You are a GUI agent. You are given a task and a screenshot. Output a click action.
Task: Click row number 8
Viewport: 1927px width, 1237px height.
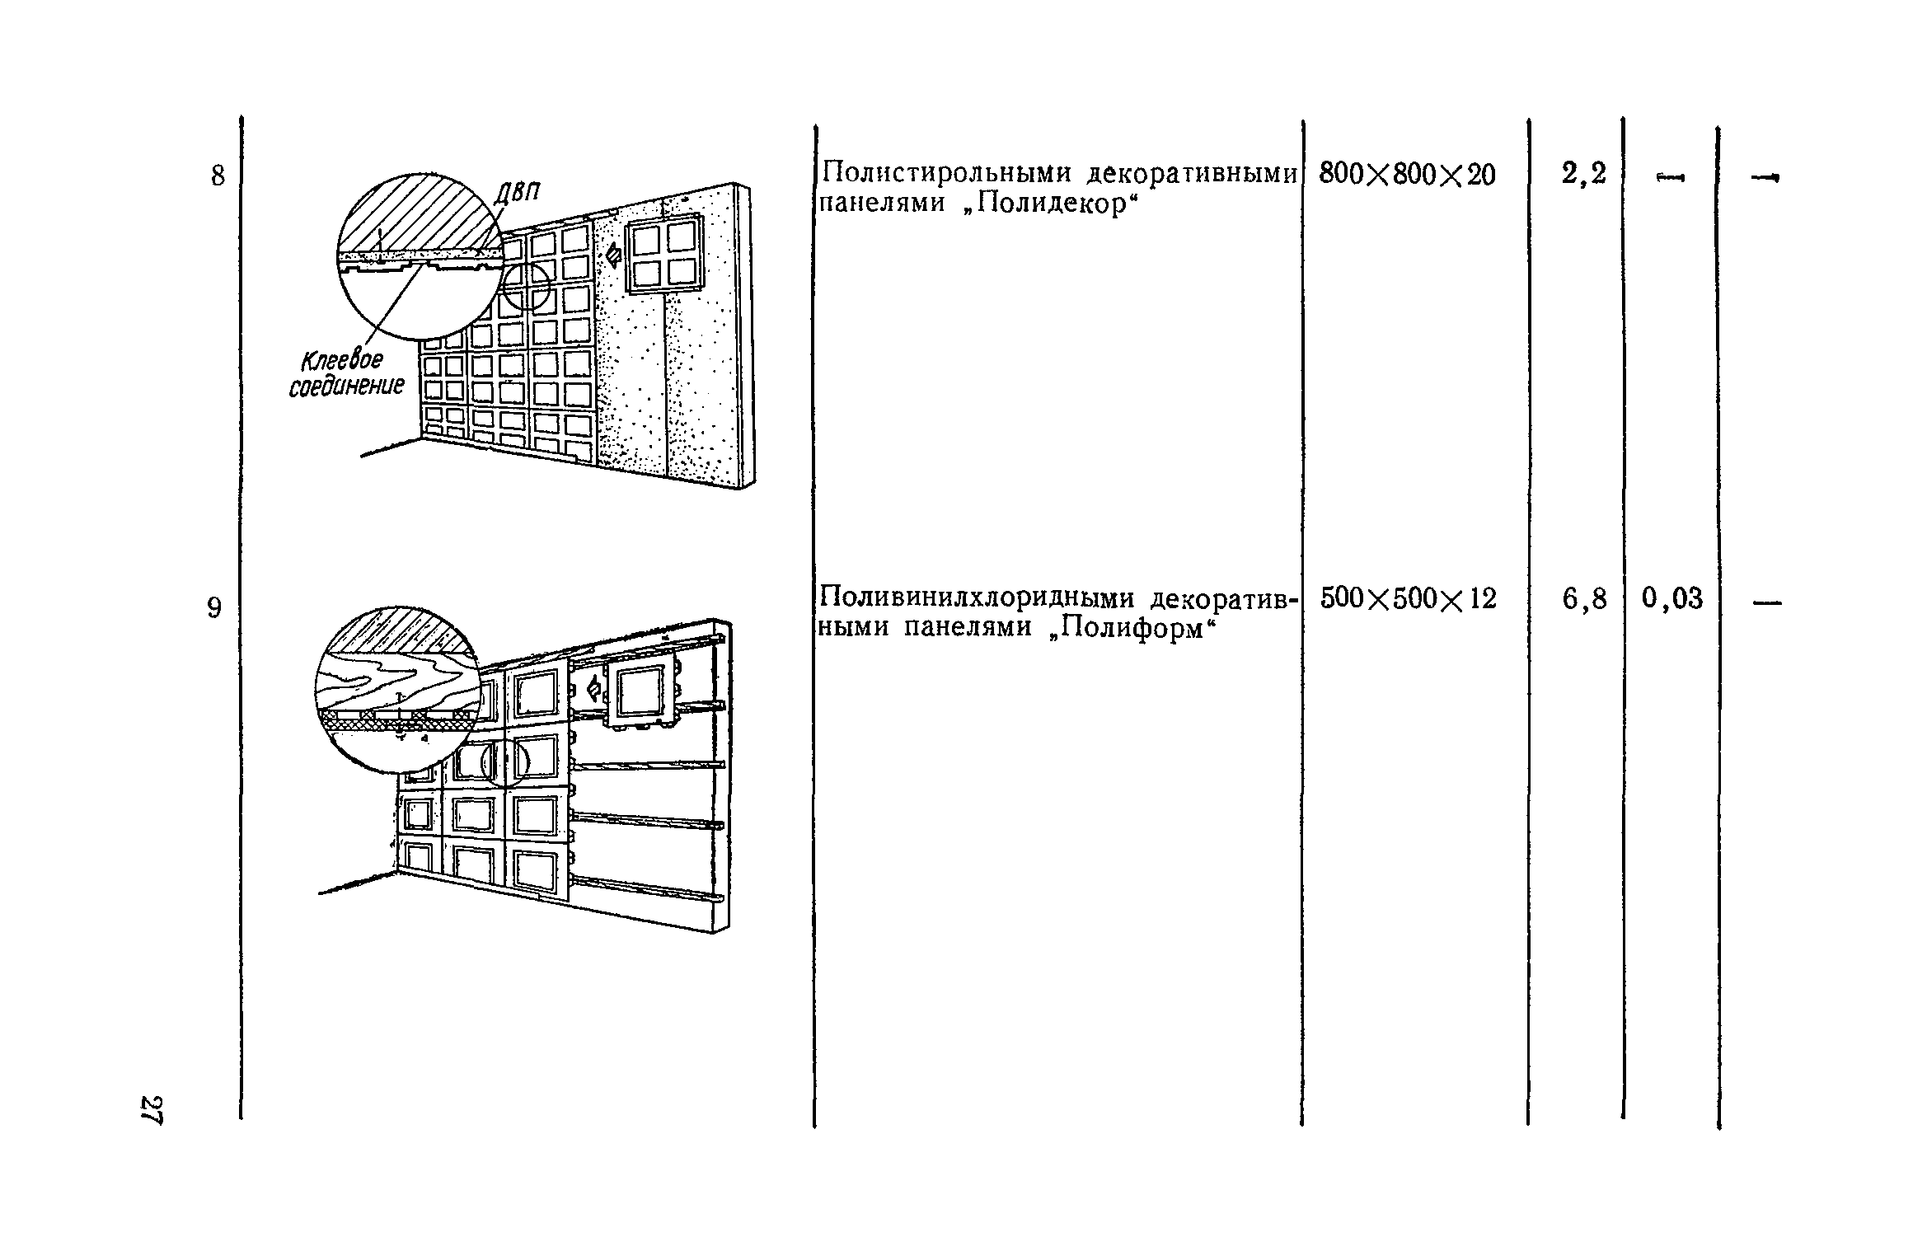coord(218,176)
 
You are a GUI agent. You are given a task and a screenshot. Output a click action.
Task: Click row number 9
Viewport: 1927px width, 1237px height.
coord(214,608)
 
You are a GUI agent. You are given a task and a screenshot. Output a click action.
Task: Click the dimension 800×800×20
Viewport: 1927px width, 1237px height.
coord(1407,174)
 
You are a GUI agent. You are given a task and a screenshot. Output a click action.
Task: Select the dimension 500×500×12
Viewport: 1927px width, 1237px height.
coord(1408,598)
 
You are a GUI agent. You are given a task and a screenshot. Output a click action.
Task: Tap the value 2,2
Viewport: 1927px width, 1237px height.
coord(1583,174)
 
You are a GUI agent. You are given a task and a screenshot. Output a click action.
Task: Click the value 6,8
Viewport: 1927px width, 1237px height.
coord(1584,599)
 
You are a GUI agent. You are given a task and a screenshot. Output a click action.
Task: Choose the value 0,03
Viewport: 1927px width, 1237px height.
coord(1671,599)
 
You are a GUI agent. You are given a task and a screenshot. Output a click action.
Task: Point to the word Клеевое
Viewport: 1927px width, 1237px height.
coord(342,360)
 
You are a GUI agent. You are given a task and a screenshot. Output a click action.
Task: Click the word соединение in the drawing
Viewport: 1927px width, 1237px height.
coord(347,387)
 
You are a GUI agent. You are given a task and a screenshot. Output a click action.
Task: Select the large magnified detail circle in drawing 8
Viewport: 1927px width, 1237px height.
coord(420,256)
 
